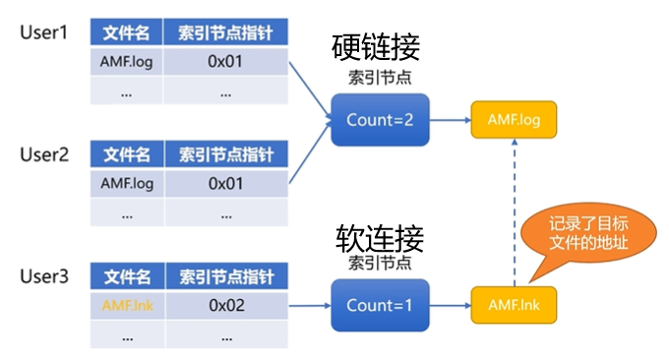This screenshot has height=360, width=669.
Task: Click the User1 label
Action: [x=44, y=32]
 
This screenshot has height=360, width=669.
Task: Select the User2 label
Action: [x=44, y=154]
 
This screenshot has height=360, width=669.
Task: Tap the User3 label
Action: [x=44, y=277]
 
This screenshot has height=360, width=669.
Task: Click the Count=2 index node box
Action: [x=380, y=120]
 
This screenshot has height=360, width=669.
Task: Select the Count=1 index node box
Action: [x=380, y=305]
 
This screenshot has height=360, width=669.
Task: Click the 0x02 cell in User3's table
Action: [x=225, y=305]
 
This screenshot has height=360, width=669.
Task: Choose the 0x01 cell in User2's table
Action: [x=225, y=183]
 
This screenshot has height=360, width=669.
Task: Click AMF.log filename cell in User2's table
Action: [x=127, y=183]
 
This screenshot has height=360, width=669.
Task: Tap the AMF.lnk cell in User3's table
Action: [x=127, y=305]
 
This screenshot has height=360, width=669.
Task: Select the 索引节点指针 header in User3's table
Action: [x=225, y=277]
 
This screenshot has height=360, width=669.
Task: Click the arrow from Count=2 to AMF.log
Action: [x=450, y=120]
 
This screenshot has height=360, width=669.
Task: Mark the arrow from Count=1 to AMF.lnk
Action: [x=450, y=305]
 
